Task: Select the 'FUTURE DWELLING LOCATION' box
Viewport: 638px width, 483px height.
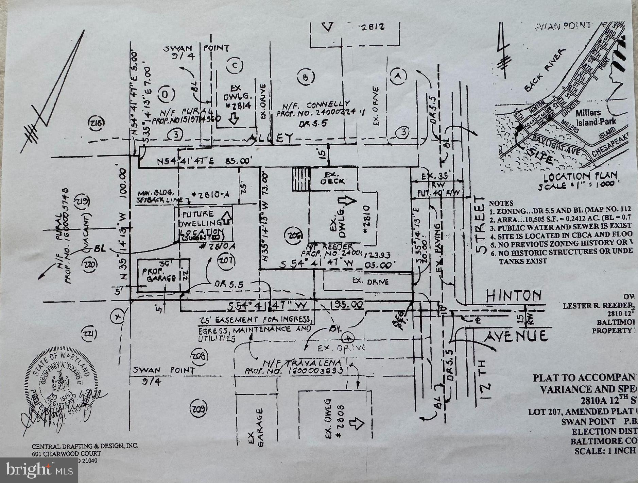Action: [x=203, y=224]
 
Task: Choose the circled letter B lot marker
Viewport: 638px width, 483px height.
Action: [x=305, y=78]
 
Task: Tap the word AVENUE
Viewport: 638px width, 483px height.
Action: [x=516, y=336]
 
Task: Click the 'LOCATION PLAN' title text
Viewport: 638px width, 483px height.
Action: [x=580, y=177]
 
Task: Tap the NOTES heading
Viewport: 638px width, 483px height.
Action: [x=501, y=203]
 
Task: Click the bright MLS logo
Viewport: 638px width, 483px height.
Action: [x=39, y=470]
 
